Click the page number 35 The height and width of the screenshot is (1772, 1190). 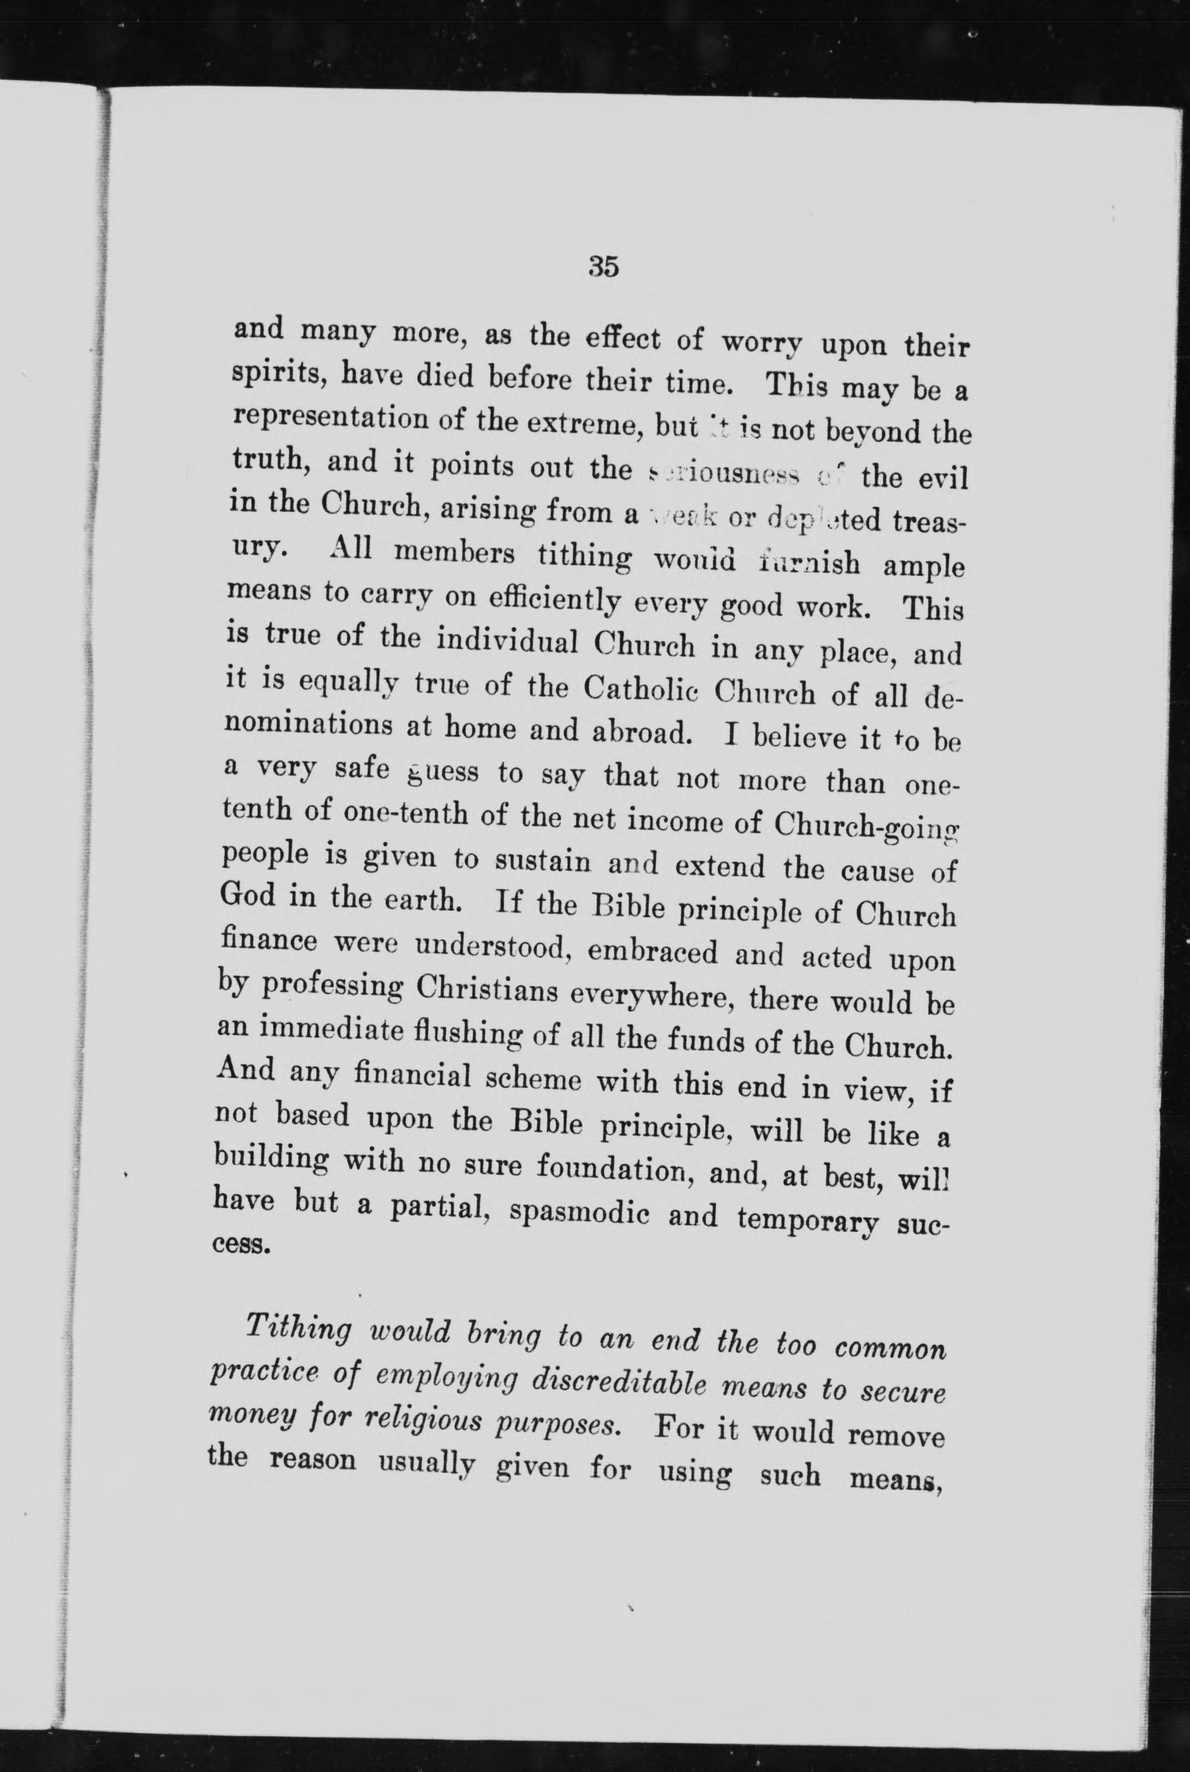603,267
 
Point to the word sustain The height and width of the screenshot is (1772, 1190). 544,860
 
